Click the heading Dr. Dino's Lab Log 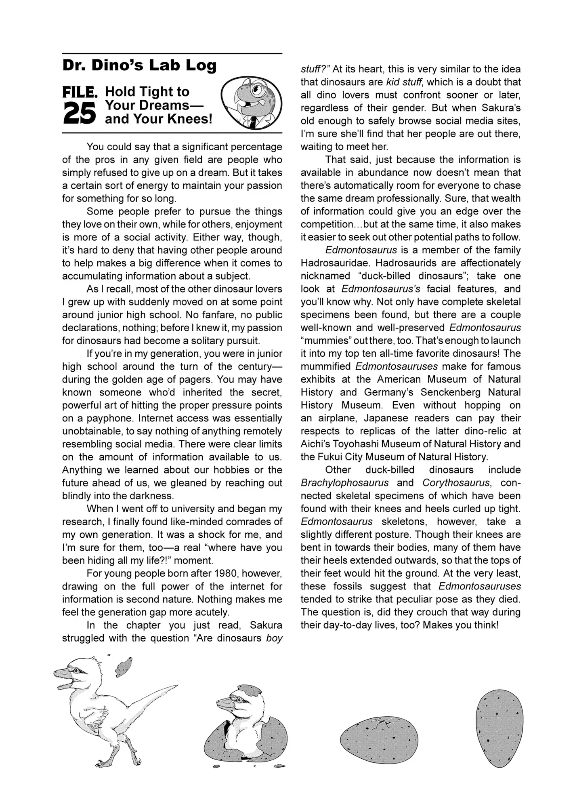[x=139, y=65]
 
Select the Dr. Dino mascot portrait [x=251, y=102]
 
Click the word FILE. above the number [x=80, y=93]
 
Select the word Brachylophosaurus [x=344, y=483]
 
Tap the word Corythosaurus [x=456, y=483]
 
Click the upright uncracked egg [x=499, y=728]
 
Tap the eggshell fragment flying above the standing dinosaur [x=124, y=667]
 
